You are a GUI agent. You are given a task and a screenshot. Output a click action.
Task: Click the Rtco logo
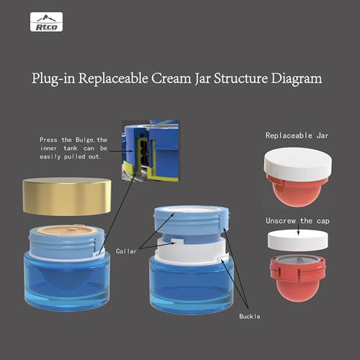(46, 22)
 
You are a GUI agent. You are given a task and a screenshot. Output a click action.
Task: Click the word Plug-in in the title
(54, 78)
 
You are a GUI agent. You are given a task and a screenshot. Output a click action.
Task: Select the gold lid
(67, 197)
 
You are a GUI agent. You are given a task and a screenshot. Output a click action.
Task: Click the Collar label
(126, 251)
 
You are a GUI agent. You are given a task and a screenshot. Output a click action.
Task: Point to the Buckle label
(250, 316)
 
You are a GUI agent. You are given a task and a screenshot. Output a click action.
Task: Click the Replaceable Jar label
(297, 135)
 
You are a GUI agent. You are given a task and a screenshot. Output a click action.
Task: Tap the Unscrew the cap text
(297, 221)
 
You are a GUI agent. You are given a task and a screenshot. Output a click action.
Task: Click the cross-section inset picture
(150, 150)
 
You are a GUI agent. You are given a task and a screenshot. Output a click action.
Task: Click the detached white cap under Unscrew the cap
(298, 240)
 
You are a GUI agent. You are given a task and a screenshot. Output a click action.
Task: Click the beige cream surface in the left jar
(67, 230)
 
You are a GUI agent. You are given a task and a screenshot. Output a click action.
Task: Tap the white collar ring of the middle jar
(192, 251)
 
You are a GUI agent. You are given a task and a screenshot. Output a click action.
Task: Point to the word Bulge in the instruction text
(84, 140)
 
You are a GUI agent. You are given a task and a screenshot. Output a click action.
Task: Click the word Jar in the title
(203, 78)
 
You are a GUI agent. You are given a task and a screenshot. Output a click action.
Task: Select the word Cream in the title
(171, 78)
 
